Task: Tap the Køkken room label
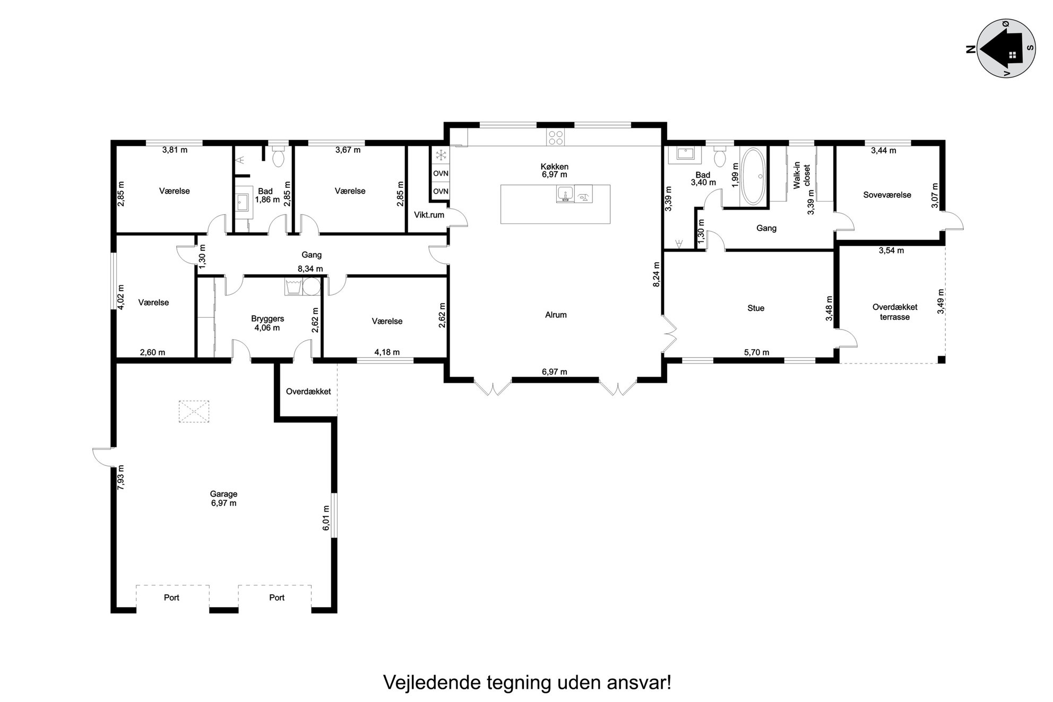coord(554,167)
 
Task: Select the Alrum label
coord(556,315)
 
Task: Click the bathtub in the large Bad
coord(753,176)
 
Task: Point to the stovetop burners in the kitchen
coord(556,137)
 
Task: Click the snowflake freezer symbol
coord(441,155)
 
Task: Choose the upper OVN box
coord(441,174)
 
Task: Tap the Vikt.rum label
coord(429,215)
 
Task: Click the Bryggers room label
coord(267,319)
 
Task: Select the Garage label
coord(223,494)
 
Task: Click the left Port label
coord(171,597)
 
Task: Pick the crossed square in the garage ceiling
coord(194,412)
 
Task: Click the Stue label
coord(756,308)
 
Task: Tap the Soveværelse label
coord(887,195)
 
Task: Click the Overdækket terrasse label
coord(895,312)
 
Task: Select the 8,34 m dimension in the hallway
coord(310,269)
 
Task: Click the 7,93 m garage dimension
coord(121,478)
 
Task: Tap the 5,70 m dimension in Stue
coord(756,352)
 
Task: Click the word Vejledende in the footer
coord(433,683)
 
